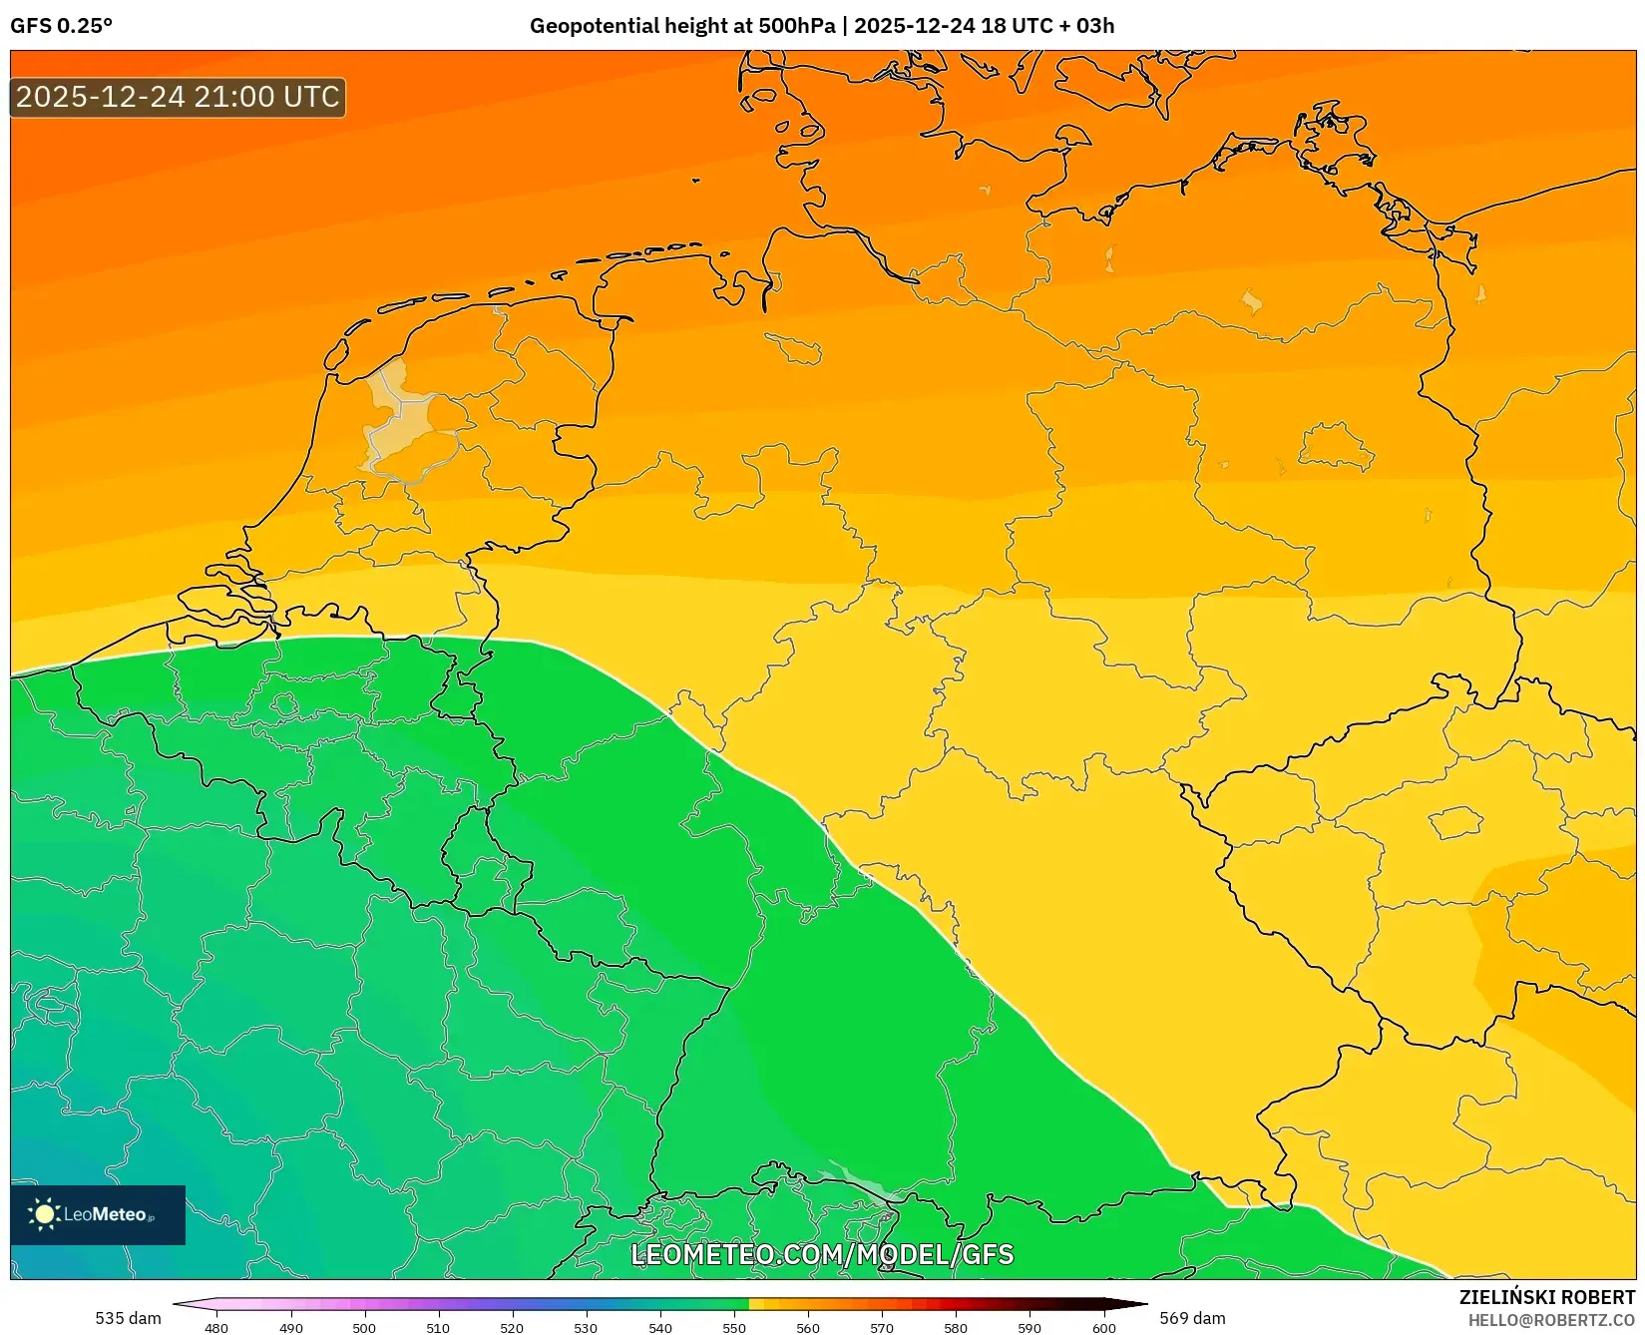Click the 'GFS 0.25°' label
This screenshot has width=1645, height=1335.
tap(61, 26)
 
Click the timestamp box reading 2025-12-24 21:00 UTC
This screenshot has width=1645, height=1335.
tap(178, 97)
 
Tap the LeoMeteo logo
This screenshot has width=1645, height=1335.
tap(97, 1214)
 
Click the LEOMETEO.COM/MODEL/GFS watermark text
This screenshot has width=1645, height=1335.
tap(822, 1254)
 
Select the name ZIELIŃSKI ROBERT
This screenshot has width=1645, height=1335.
tap(1547, 1297)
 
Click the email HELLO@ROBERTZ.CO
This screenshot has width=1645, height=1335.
tap(1551, 1320)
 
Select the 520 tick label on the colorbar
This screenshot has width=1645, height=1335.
tap(512, 1328)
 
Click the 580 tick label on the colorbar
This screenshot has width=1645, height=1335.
tap(956, 1328)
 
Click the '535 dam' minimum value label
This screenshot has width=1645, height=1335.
tap(128, 1318)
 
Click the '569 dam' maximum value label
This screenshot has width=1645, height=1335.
tap(1192, 1318)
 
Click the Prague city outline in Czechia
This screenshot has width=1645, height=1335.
tap(1456, 822)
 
